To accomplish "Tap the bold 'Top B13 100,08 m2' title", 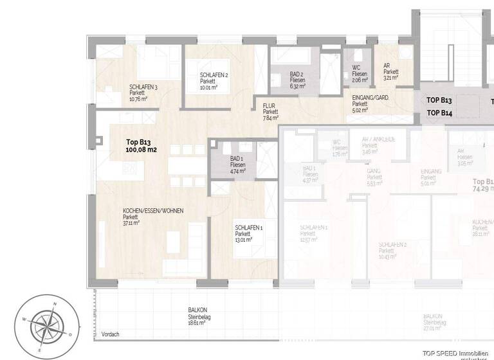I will (142, 146).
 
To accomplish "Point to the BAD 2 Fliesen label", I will (297, 80).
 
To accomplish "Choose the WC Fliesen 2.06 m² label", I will (360, 74).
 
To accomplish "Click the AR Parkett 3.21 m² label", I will (391, 71).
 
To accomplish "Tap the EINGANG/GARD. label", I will (370, 103).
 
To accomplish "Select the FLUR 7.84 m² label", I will (270, 111).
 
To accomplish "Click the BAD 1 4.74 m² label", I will (238, 165).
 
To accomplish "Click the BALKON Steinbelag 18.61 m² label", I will (193, 316).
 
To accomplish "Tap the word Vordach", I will (111, 334).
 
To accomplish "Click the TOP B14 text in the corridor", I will (440, 113).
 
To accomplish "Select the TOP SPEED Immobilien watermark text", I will (458, 353).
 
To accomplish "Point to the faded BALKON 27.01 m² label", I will (432, 322).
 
